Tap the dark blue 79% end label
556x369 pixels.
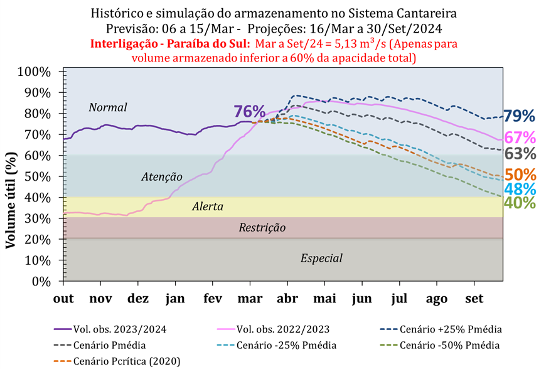[520, 116]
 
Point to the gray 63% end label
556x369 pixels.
[520, 154]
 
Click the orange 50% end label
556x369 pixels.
[520, 174]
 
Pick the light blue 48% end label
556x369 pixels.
[520, 189]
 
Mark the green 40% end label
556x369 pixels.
[520, 203]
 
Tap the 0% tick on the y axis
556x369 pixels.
[48, 281]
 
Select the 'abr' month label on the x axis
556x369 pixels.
[287, 298]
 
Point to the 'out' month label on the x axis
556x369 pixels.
[64, 298]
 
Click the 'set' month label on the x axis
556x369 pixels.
[474, 298]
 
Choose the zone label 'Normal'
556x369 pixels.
[108, 107]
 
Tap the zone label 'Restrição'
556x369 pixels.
[262, 228]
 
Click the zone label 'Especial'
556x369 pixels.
[321, 258]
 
